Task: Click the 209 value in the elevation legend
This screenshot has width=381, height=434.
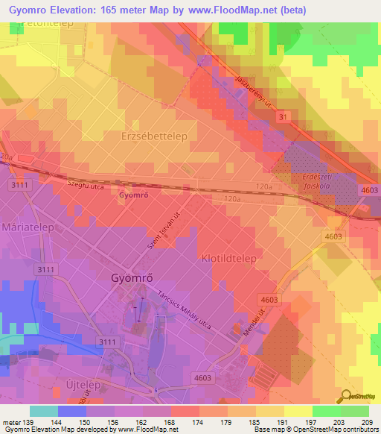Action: click(x=367, y=423)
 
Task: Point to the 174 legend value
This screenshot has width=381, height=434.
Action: click(x=197, y=423)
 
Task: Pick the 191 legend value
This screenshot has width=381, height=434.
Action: click(x=282, y=423)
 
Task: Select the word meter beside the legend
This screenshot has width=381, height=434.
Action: click(x=10, y=423)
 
